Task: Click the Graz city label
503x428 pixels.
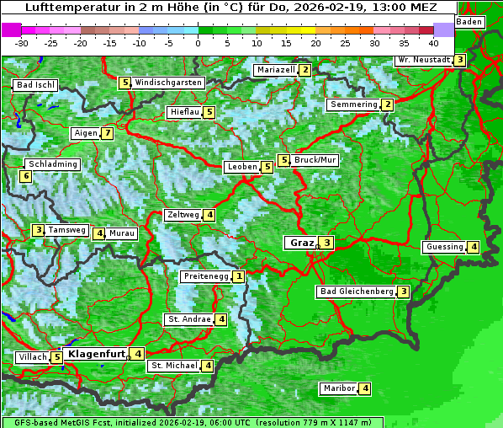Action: (x=300, y=243)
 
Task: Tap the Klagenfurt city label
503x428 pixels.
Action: (x=96, y=354)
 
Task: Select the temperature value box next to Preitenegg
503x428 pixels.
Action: (x=240, y=276)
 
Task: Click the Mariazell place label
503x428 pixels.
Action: (x=275, y=70)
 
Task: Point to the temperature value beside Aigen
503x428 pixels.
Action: (x=108, y=133)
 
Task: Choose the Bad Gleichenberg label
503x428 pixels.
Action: (x=356, y=292)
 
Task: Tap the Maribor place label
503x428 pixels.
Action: (x=338, y=388)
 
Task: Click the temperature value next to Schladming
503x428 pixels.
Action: (x=26, y=176)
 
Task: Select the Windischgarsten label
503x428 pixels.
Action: (x=168, y=83)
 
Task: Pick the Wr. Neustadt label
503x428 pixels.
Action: (x=423, y=60)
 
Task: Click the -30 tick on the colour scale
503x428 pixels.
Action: (x=22, y=42)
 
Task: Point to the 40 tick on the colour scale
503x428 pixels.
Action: (x=433, y=42)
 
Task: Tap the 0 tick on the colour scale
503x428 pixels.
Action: (x=198, y=42)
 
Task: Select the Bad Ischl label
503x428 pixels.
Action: (x=35, y=85)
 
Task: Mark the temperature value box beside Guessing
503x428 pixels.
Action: (x=474, y=247)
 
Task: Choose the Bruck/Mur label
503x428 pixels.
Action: (x=315, y=159)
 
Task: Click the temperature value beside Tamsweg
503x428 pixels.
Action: (x=38, y=230)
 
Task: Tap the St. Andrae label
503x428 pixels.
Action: (x=188, y=319)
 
